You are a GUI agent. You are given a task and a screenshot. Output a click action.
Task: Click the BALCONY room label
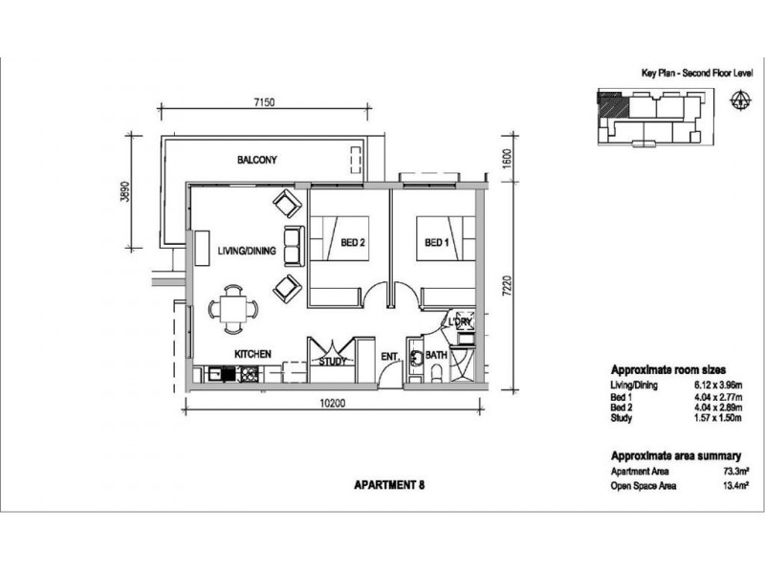point(256,160)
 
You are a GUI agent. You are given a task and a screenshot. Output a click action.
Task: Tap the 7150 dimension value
point(265,102)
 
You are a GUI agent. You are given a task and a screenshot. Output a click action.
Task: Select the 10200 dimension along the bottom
point(333,403)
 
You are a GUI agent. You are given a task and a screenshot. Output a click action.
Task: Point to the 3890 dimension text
point(125,192)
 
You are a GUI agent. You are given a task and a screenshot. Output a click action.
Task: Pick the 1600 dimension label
point(507,159)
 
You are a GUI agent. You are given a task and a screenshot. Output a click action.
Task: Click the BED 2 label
point(353,243)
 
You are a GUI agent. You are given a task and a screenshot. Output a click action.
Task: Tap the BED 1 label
point(437,243)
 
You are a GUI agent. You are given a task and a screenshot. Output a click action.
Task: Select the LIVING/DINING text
point(247,251)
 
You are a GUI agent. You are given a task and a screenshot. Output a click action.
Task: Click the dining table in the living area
point(233,309)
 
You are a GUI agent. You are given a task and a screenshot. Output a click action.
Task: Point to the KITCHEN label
point(252,354)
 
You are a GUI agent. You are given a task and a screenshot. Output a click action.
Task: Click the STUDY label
point(332,362)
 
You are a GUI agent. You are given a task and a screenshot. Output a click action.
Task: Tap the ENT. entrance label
point(390,357)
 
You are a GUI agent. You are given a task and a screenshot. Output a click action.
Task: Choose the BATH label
point(436,355)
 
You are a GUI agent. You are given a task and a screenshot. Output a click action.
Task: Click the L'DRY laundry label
point(460,322)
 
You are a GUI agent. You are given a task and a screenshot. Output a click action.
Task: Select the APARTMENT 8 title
point(389,485)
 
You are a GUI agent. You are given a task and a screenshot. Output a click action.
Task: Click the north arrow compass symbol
point(740,100)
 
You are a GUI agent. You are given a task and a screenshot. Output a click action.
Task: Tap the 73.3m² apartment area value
point(736,472)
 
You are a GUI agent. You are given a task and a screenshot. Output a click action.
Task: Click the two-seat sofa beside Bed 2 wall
point(295,247)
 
